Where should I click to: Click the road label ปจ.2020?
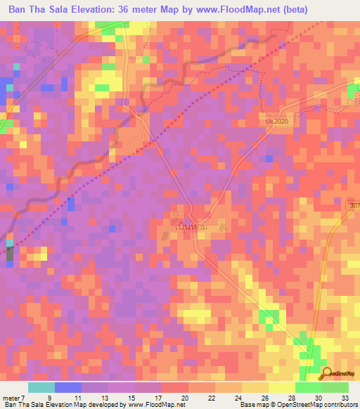[277, 122]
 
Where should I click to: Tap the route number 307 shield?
[354, 205]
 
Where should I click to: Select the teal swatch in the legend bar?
[41, 387]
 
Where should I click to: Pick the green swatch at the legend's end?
[335, 387]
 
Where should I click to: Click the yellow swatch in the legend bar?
[281, 387]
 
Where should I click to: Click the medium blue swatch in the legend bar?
[67, 387]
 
